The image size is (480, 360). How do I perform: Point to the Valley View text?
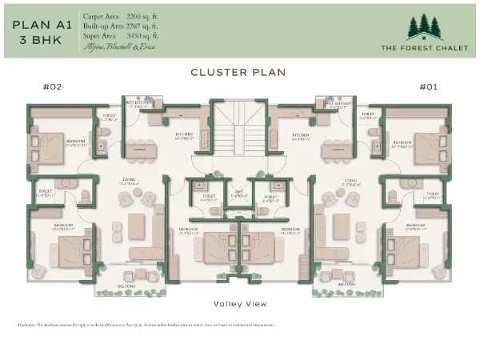239,303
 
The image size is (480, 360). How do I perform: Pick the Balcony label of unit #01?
346,285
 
